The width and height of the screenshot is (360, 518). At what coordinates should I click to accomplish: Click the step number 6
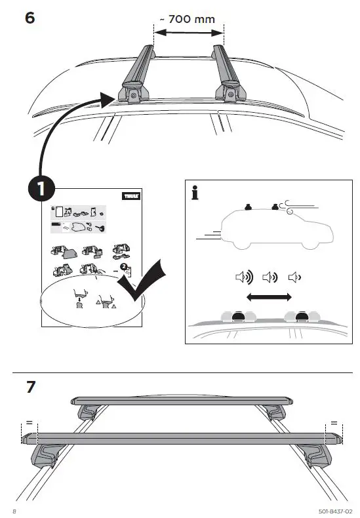pyautogui.click(x=30, y=18)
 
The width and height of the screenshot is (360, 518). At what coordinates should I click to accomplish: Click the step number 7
pyautogui.click(x=30, y=387)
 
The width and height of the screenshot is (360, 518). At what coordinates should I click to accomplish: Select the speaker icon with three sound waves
pyautogui.click(x=242, y=277)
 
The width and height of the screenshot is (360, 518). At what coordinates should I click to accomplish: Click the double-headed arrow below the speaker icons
pyautogui.click(x=269, y=297)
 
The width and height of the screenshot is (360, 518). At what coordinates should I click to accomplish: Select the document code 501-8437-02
pyautogui.click(x=334, y=509)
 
